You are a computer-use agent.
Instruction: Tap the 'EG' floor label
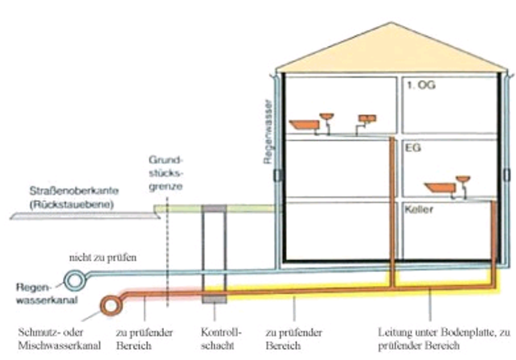coord(412,149)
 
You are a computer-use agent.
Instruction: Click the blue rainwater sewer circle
coord(75,281)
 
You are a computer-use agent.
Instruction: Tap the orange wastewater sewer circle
coord(113,304)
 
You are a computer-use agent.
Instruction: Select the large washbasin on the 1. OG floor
coord(303,126)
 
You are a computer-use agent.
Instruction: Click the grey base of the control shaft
coord(214,297)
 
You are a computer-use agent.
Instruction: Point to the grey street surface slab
coord(82,216)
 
